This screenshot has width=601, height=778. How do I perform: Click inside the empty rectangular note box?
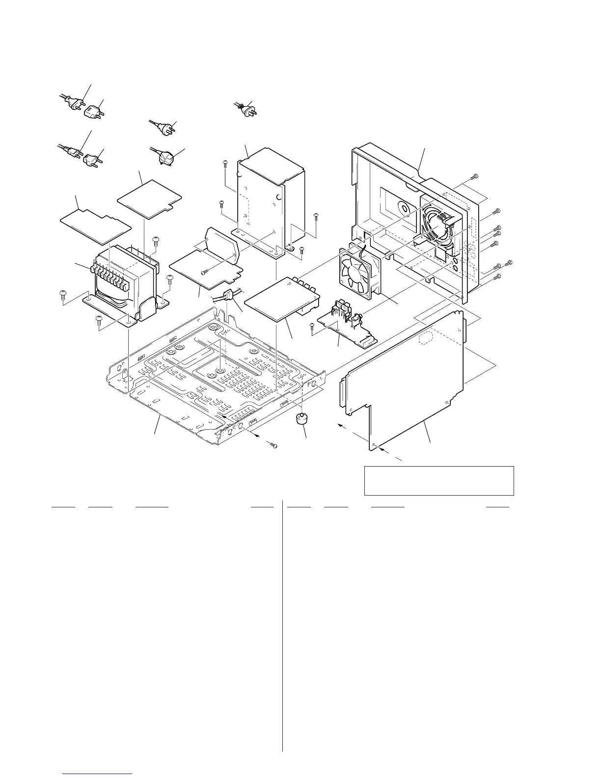pos(438,480)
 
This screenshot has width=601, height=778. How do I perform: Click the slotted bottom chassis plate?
pos(216,378)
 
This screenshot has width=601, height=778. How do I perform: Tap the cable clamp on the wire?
pos(227,296)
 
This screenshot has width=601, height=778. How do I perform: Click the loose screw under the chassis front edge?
pos(274,445)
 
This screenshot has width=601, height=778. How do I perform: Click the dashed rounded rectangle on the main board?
pos(425,339)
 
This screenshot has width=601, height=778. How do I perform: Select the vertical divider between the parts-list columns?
pos(283,624)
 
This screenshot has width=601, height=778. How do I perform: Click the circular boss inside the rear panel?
pos(403,208)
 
